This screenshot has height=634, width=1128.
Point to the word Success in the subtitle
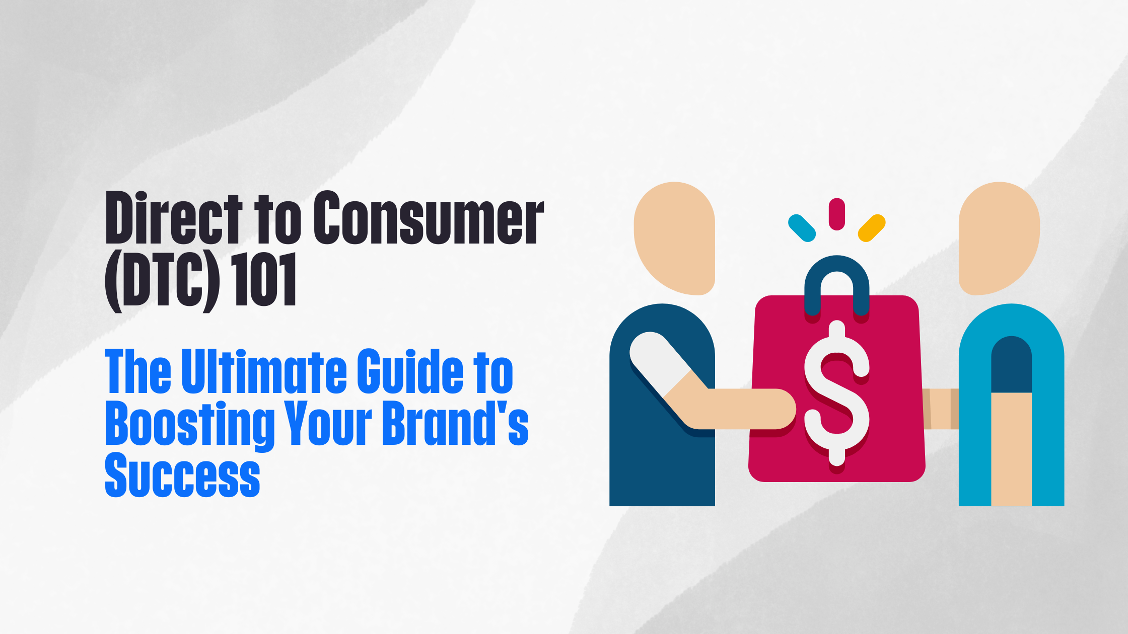point(182,475)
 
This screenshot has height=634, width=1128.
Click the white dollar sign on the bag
point(836,392)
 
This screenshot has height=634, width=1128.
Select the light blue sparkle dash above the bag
point(802,228)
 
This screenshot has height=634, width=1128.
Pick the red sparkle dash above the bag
point(836,214)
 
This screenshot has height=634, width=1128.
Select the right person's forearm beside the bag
point(941,409)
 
